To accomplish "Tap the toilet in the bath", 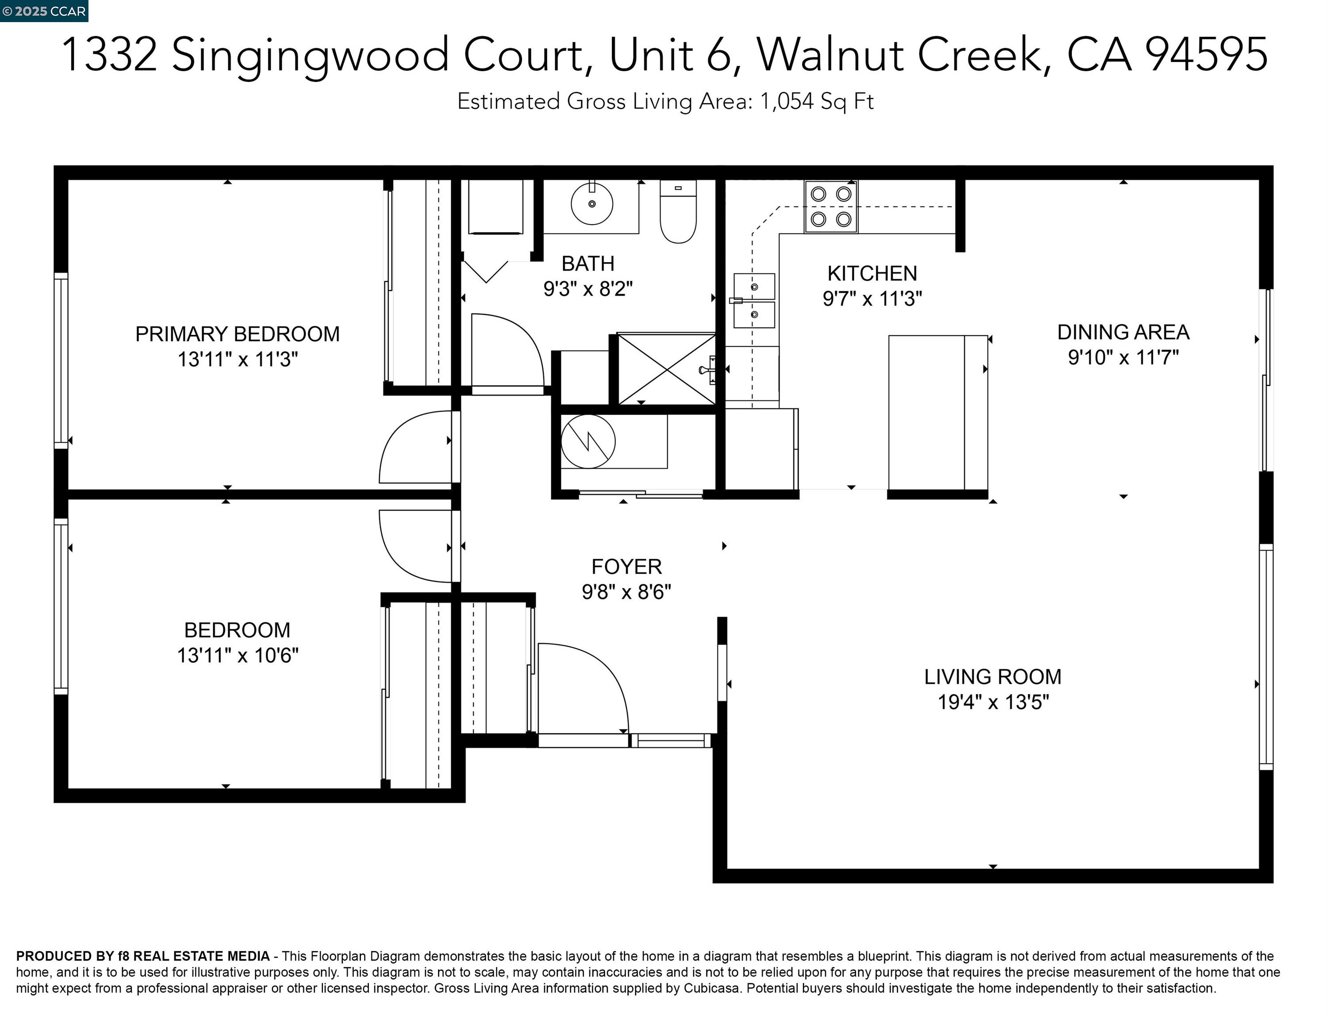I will click(x=678, y=212).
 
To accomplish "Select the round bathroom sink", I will click(x=591, y=204).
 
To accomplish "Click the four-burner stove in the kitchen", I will click(x=830, y=207).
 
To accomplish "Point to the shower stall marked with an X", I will click(x=666, y=369).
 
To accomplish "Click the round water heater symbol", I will click(x=588, y=441).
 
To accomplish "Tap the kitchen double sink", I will click(x=754, y=301).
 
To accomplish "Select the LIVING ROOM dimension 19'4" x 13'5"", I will click(x=993, y=702).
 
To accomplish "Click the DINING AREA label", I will click(x=1123, y=333).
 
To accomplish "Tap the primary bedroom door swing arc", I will click(x=415, y=448).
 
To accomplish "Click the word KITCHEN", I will click(x=872, y=274).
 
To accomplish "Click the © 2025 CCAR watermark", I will click(x=44, y=11).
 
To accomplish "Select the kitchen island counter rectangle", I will click(x=937, y=413).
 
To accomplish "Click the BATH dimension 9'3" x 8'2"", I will click(x=587, y=289).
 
